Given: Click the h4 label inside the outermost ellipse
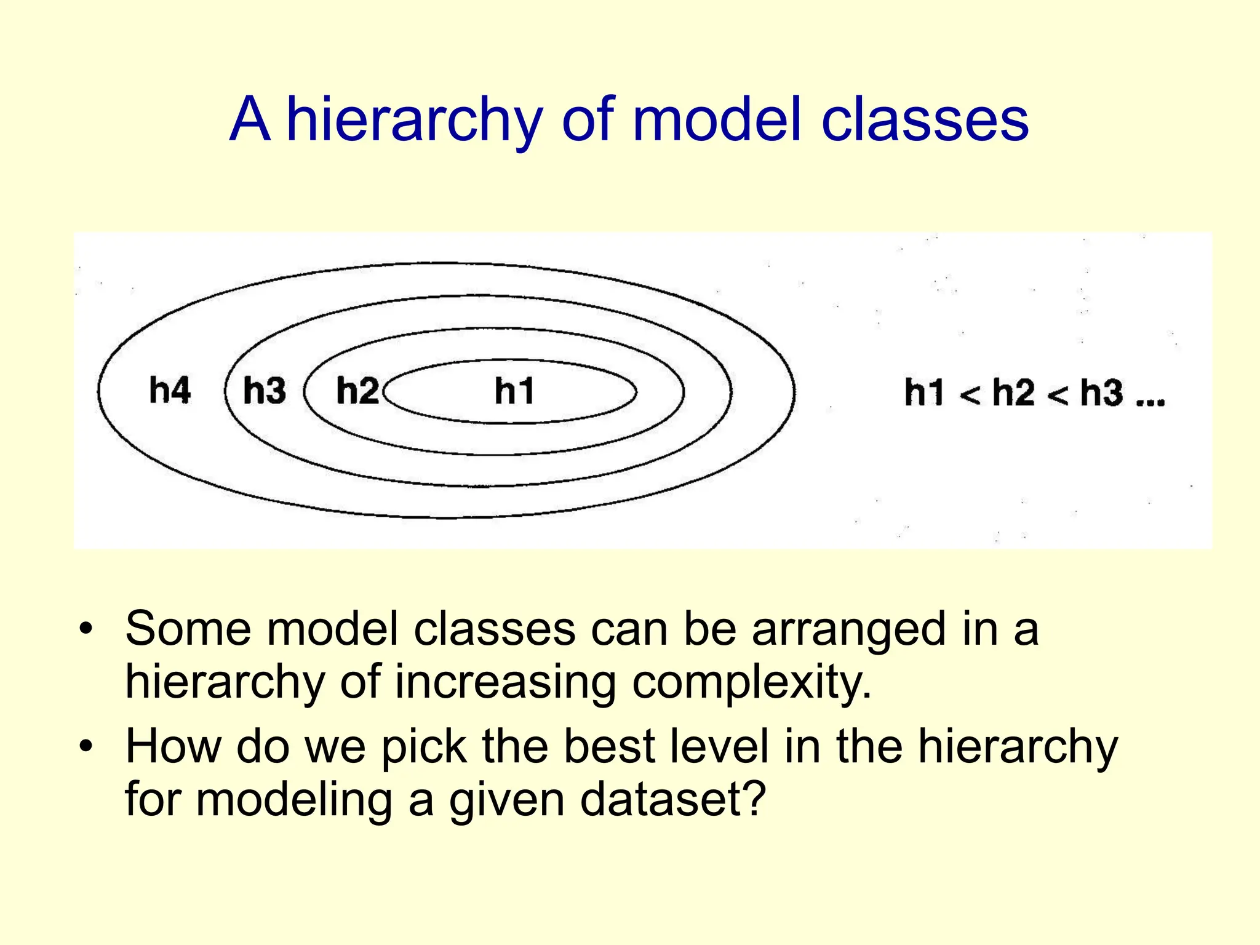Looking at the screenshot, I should tap(170, 391).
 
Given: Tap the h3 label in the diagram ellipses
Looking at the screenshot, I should tap(265, 391).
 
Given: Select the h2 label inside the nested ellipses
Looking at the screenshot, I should tap(357, 391).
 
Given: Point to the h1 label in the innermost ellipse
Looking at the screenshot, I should tap(514, 391).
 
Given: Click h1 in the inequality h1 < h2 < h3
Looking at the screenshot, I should tap(924, 393).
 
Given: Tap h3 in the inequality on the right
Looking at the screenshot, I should tap(1101, 393).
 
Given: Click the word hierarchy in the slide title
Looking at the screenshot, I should tap(414, 120).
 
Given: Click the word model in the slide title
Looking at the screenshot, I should tap(717, 120).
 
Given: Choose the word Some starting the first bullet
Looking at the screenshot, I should tap(188, 629).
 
